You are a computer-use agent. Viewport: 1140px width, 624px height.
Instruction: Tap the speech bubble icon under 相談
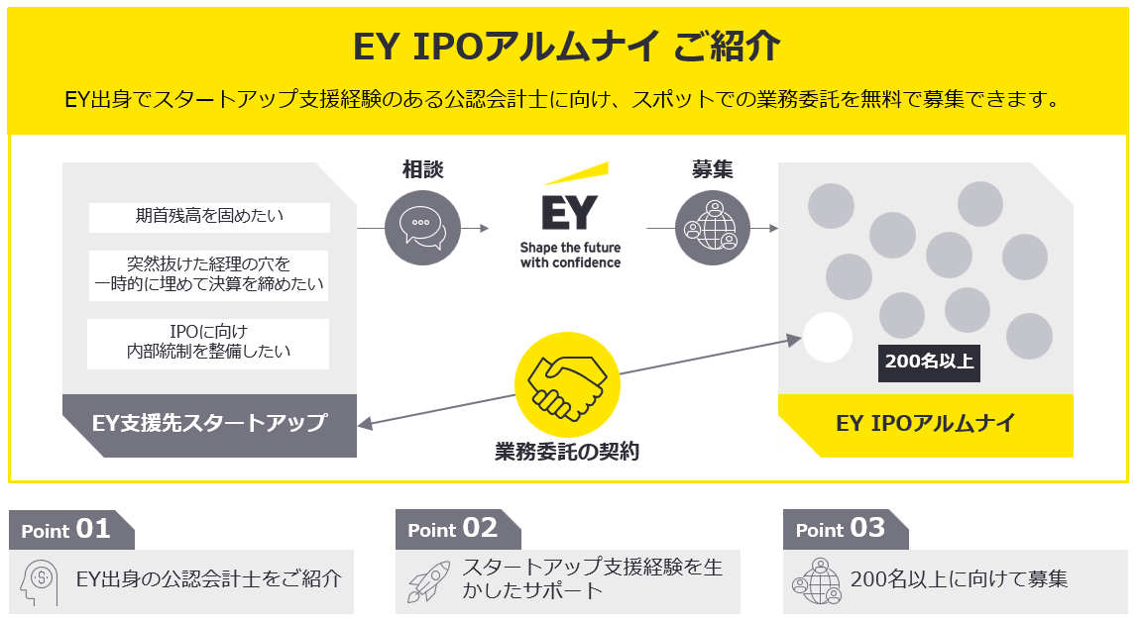423,228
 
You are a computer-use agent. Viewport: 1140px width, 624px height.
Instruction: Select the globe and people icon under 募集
712,228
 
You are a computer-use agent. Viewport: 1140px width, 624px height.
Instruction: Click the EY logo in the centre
570,208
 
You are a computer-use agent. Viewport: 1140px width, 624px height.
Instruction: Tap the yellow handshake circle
567,382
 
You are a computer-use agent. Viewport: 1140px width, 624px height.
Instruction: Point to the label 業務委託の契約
567,452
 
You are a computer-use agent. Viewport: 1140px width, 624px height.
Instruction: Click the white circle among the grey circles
828,337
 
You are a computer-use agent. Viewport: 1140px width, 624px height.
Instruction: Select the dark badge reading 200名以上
929,362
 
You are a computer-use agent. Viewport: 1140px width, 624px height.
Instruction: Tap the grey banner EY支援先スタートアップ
209,423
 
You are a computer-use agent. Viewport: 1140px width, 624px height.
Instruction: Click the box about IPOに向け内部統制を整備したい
209,343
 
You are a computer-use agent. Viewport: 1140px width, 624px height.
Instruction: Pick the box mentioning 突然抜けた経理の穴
209,275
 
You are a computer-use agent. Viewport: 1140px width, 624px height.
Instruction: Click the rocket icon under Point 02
428,581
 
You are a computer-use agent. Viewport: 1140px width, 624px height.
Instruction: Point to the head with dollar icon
42,580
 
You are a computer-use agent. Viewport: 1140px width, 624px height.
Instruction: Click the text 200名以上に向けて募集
959,579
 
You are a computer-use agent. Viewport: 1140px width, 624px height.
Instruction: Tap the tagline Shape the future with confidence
570,255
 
